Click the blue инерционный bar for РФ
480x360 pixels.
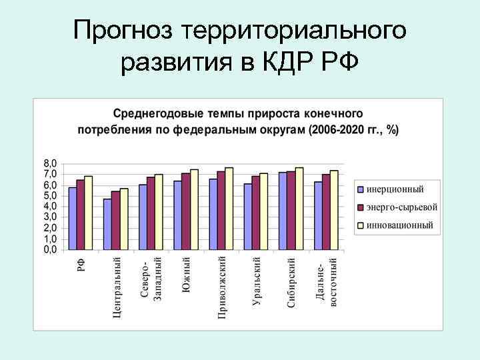73,219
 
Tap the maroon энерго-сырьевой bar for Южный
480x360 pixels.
186,211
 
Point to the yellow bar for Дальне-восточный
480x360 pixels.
334,210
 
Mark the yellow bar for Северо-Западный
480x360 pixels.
159,212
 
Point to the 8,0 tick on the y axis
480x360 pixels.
51,163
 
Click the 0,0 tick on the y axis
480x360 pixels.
51,250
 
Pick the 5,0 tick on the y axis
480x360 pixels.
51,196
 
